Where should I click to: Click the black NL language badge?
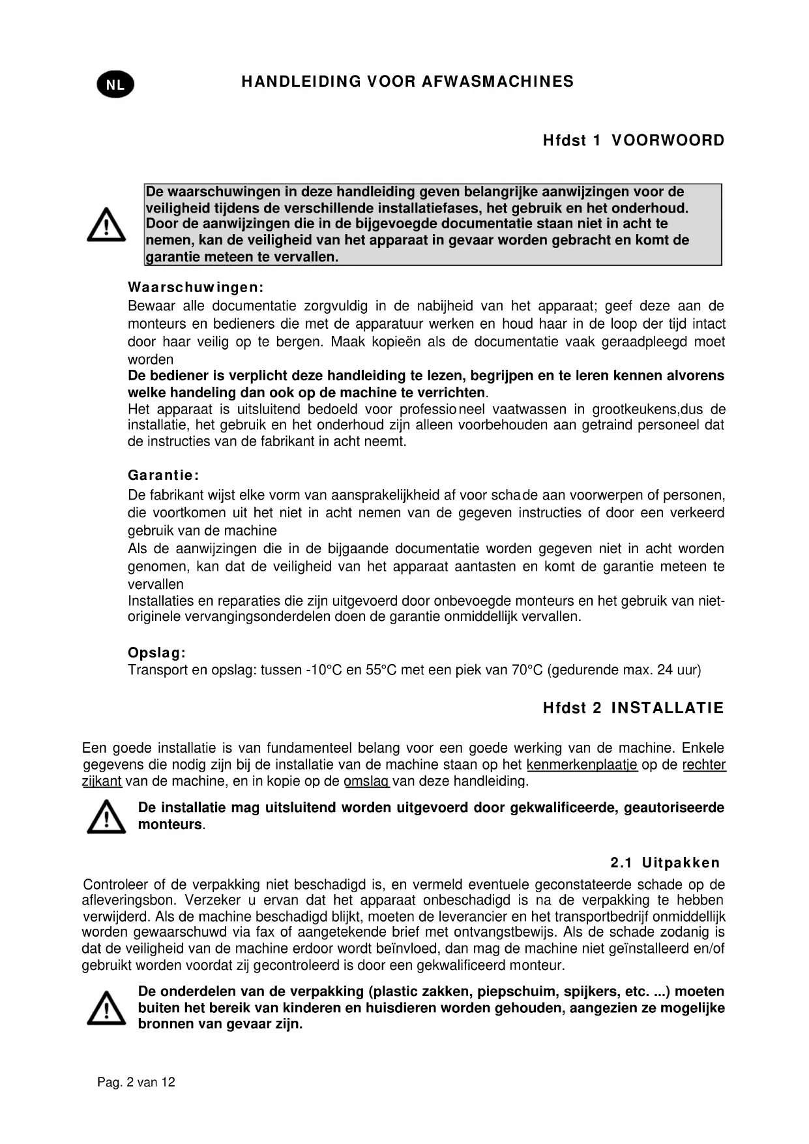pyautogui.click(x=115, y=85)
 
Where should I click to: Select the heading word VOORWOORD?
pyautogui.click(x=668, y=141)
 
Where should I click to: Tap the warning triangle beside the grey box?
pyautogui.click(x=106, y=225)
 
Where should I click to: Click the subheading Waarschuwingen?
pyautogui.click(x=196, y=288)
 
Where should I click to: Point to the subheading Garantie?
pyautogui.click(x=163, y=475)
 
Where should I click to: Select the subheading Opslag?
pyautogui.click(x=157, y=653)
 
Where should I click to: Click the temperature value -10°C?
pyautogui.click(x=324, y=670)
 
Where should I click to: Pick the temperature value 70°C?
pyautogui.click(x=525, y=670)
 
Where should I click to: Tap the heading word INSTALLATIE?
pyautogui.click(x=667, y=708)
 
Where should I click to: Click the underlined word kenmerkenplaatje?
pyautogui.click(x=581, y=764)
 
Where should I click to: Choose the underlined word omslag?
pyautogui.click(x=366, y=781)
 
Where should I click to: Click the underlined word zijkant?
pyautogui.click(x=102, y=781)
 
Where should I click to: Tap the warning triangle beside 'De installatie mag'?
pyautogui.click(x=106, y=817)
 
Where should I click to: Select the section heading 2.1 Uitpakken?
pyautogui.click(x=665, y=863)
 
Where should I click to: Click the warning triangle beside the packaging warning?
pyautogui.click(x=106, y=1008)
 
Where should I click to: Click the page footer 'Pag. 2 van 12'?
pyautogui.click(x=136, y=1082)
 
